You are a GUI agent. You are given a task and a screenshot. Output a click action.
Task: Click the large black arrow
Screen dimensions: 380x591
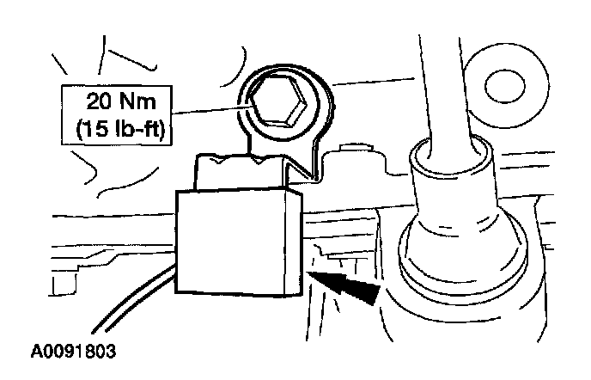click(349, 287)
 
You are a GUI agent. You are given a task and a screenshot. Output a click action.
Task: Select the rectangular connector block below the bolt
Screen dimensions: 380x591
click(232, 244)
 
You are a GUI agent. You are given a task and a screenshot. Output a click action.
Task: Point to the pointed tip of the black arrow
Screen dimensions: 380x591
click(310, 276)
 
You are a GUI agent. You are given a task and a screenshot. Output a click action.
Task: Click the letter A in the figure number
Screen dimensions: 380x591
click(36, 352)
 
